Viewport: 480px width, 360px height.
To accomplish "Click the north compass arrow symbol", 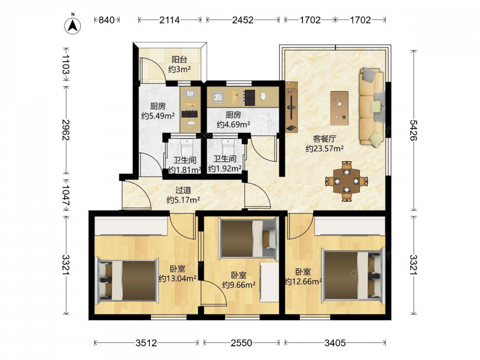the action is point(73,25).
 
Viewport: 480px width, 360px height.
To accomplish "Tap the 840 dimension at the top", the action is point(106,20).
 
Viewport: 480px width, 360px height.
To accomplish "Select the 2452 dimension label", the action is point(243,20).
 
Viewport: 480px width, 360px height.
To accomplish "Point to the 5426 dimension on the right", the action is point(414,131).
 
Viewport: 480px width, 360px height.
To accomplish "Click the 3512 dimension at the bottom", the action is point(146,343).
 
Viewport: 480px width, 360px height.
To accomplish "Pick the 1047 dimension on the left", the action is point(66,195).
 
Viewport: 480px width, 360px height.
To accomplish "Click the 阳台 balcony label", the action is point(179,60).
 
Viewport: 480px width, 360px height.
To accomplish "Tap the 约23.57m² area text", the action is point(324,149).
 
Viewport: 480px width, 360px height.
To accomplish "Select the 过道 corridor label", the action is point(183,191).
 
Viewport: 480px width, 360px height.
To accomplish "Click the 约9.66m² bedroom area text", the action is point(239,285).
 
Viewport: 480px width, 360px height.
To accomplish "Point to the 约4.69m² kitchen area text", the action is point(234,124).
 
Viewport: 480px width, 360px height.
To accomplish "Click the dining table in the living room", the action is point(346,181).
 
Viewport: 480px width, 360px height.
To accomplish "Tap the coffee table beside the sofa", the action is point(339,108).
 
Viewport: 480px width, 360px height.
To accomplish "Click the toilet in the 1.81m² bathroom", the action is point(186,148).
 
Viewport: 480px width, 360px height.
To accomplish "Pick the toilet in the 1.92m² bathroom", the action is point(228,147).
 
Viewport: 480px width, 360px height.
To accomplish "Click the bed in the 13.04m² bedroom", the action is point(127,280).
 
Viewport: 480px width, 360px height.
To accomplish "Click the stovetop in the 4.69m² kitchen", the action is point(249,97).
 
